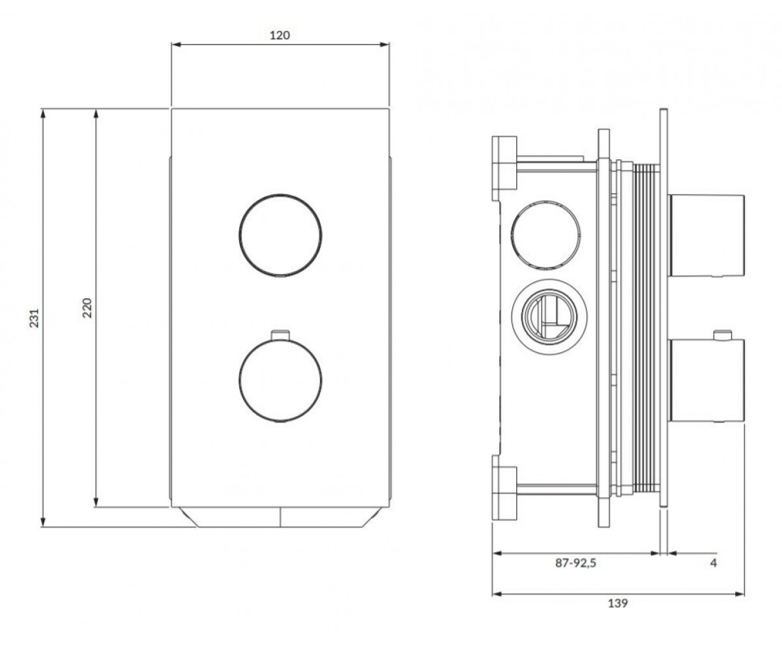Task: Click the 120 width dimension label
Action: [x=280, y=35]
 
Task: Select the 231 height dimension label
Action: [x=34, y=318]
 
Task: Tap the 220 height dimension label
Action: [x=87, y=307]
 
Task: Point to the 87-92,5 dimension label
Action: [x=575, y=573]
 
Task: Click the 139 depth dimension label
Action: [x=618, y=614]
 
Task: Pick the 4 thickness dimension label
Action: [x=714, y=573]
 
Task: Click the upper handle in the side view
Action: [x=706, y=236]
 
